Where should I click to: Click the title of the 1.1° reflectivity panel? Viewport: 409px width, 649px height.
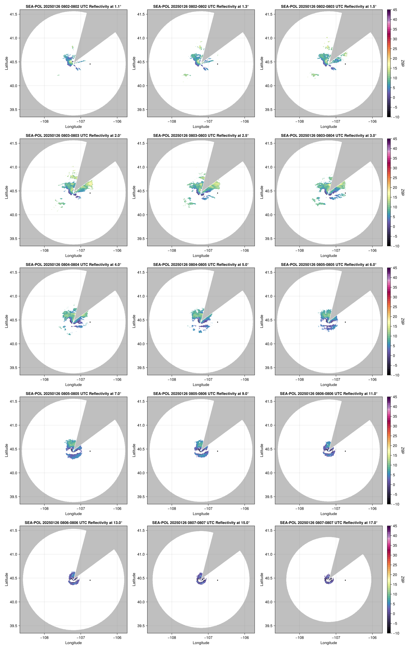pyautogui.click(x=73, y=6)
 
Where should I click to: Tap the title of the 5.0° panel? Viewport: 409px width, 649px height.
pyautogui.click(x=201, y=265)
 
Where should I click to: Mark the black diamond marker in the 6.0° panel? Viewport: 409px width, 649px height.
pyautogui.click(x=345, y=322)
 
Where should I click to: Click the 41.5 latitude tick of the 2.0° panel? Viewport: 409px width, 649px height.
pyautogui.click(x=13, y=143)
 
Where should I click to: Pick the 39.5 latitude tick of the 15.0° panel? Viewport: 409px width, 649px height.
pyautogui.click(x=141, y=626)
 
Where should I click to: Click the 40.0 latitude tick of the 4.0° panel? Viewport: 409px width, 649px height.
pyautogui.click(x=13, y=344)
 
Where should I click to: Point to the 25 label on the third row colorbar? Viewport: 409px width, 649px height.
pyautogui.click(x=395, y=307)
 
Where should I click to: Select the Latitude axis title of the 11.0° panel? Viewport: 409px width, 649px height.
pyautogui.click(x=262, y=450)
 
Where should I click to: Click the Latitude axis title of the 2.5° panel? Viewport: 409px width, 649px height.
pyautogui.click(x=134, y=192)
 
